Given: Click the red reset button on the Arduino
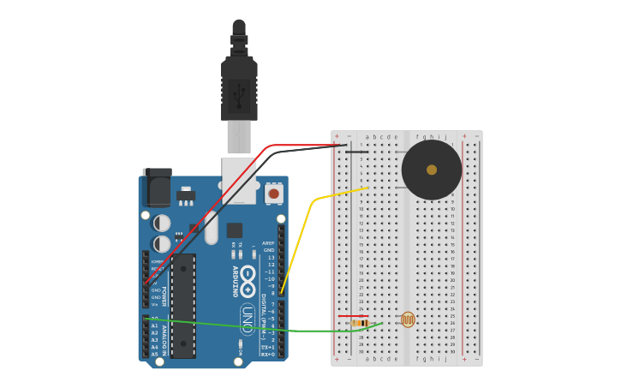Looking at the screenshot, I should [x=273, y=194].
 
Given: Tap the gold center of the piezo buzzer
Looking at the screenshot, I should [x=432, y=170].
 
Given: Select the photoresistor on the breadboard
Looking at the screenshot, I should [x=408, y=320].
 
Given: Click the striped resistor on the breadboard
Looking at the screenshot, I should [x=360, y=323].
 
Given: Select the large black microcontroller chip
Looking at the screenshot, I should [x=183, y=306].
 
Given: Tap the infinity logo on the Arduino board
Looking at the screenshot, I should [x=248, y=281].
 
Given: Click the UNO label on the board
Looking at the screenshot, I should [x=248, y=318].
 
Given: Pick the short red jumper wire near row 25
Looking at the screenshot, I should [x=353, y=316].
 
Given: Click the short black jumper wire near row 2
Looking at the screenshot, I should [x=356, y=152].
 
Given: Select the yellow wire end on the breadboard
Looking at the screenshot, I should [x=367, y=188].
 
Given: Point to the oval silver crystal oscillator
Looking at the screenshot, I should [x=211, y=227].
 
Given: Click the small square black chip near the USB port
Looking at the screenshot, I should [x=234, y=230].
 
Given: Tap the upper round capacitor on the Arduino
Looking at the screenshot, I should [x=161, y=223].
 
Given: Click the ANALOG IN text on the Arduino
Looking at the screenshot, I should [x=163, y=337].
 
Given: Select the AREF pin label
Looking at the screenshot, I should [x=270, y=242].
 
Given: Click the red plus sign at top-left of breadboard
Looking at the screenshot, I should [x=337, y=136].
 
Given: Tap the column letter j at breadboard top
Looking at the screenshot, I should [x=445, y=136].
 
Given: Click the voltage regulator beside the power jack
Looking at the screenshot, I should [x=186, y=194].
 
